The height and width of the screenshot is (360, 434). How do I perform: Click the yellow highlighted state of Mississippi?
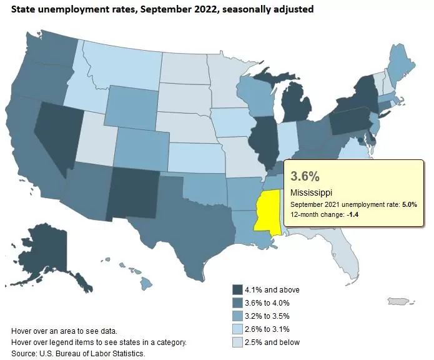265,210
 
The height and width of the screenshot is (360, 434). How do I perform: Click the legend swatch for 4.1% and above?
238,289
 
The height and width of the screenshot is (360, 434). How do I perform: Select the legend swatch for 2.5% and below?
238,342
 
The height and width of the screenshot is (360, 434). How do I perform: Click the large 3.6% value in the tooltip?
306,175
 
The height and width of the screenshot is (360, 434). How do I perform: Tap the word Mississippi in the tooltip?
311,192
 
